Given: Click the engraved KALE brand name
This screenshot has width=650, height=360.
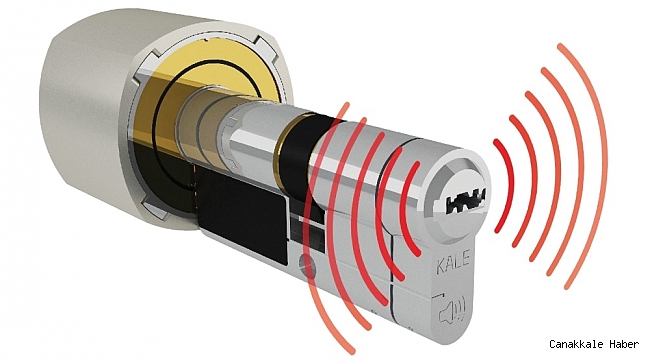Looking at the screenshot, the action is click(x=453, y=262).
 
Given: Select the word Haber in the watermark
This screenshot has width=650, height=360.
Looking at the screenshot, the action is click(x=624, y=344).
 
